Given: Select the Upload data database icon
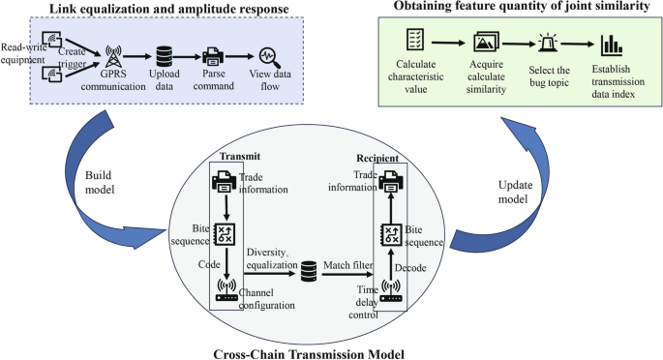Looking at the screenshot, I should (162, 56).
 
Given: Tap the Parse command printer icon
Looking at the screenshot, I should (213, 57).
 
